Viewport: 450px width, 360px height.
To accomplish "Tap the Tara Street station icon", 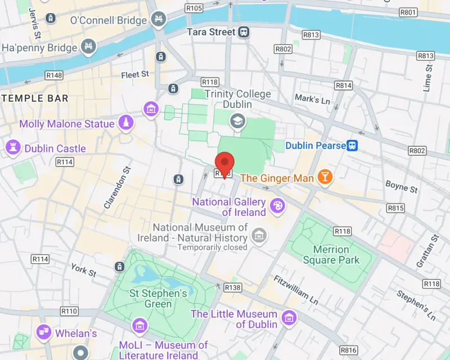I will point(244,32).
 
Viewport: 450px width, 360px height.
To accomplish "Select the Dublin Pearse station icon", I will point(352,146).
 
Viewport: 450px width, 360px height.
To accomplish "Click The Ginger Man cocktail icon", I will point(325,178).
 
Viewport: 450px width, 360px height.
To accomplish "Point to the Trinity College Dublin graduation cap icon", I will point(238,120).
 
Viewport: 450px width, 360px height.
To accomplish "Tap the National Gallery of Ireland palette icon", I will point(277,206).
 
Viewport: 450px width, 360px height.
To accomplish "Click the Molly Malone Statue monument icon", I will point(127,123).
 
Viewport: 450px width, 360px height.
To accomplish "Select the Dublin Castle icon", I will point(12,148).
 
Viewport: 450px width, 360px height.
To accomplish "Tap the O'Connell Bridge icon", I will point(159,20).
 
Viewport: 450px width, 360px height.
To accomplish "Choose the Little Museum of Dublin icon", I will point(289,319).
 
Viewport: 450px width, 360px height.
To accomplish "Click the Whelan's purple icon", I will point(43,333).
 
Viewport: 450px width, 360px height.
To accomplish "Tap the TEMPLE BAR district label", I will point(35,98).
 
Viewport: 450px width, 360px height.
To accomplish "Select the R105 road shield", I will point(193,8).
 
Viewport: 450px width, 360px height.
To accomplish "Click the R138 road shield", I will point(232,287).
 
